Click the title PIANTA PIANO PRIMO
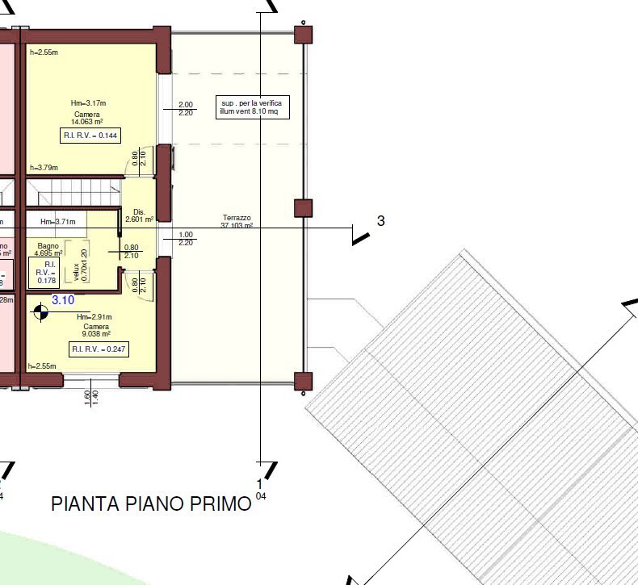(x=151, y=504)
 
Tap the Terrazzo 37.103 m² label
(x=237, y=223)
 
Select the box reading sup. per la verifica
(x=252, y=107)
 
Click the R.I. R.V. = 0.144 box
(x=90, y=136)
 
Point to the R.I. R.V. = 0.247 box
(x=99, y=349)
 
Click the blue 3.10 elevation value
(x=63, y=299)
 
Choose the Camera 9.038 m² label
(x=94, y=329)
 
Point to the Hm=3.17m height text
(x=88, y=103)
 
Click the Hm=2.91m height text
(x=94, y=317)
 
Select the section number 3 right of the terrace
(x=381, y=221)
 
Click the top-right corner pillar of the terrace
(x=303, y=35)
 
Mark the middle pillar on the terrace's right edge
(x=303, y=207)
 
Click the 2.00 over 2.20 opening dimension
(x=185, y=109)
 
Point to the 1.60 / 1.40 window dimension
(x=90, y=397)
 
